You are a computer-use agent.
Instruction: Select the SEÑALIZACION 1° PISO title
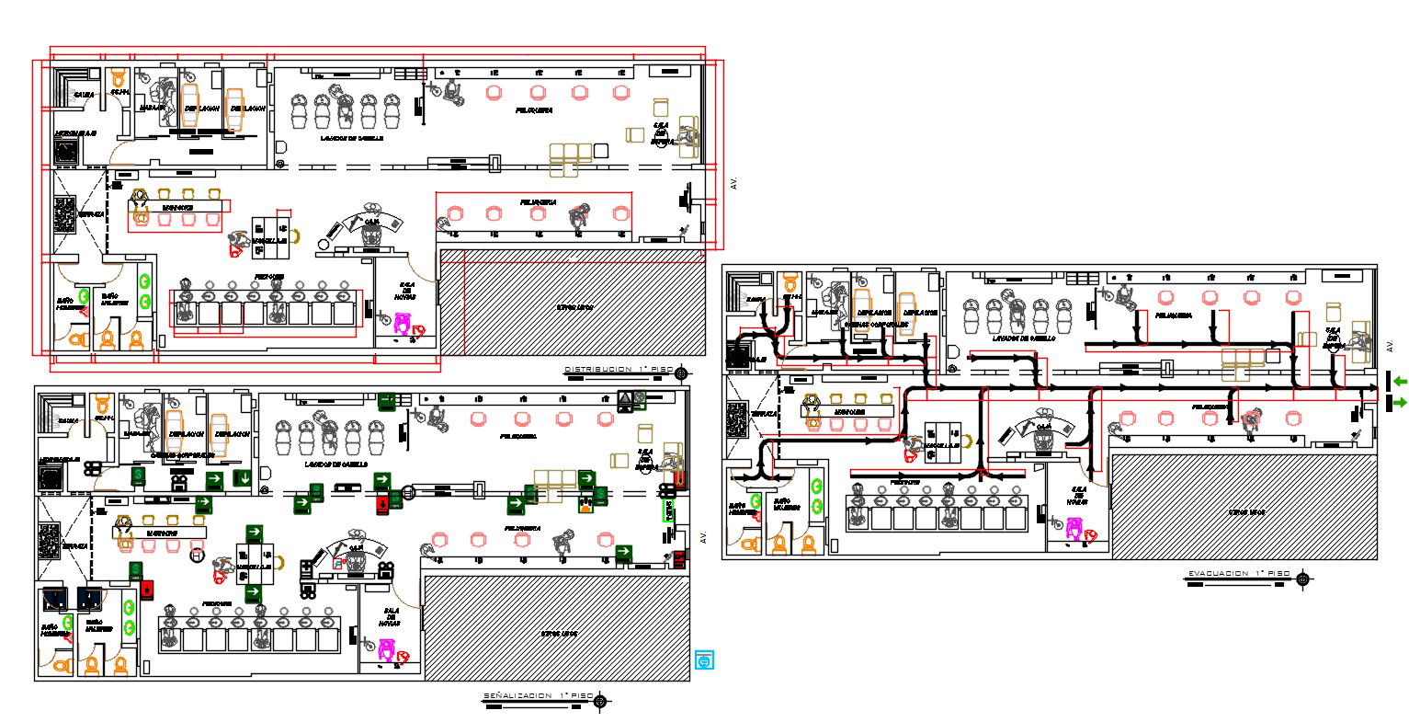tap(538, 696)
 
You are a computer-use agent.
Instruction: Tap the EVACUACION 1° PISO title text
tap(1238, 574)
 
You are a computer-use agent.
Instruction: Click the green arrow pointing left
tap(1399, 381)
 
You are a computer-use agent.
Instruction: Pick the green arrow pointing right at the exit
tap(1399, 402)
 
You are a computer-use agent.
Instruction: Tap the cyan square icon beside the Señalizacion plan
tap(705, 659)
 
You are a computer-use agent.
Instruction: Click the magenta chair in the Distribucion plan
tap(403, 323)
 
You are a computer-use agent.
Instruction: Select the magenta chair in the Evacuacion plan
tap(1074, 528)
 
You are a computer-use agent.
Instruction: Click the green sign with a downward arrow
tap(244, 478)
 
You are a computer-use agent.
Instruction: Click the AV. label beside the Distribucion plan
tap(733, 184)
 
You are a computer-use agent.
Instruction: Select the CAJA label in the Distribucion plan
tap(372, 222)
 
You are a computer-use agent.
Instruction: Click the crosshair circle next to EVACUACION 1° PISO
tap(1302, 579)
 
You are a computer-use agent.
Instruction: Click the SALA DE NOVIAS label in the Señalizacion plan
tap(388, 618)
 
